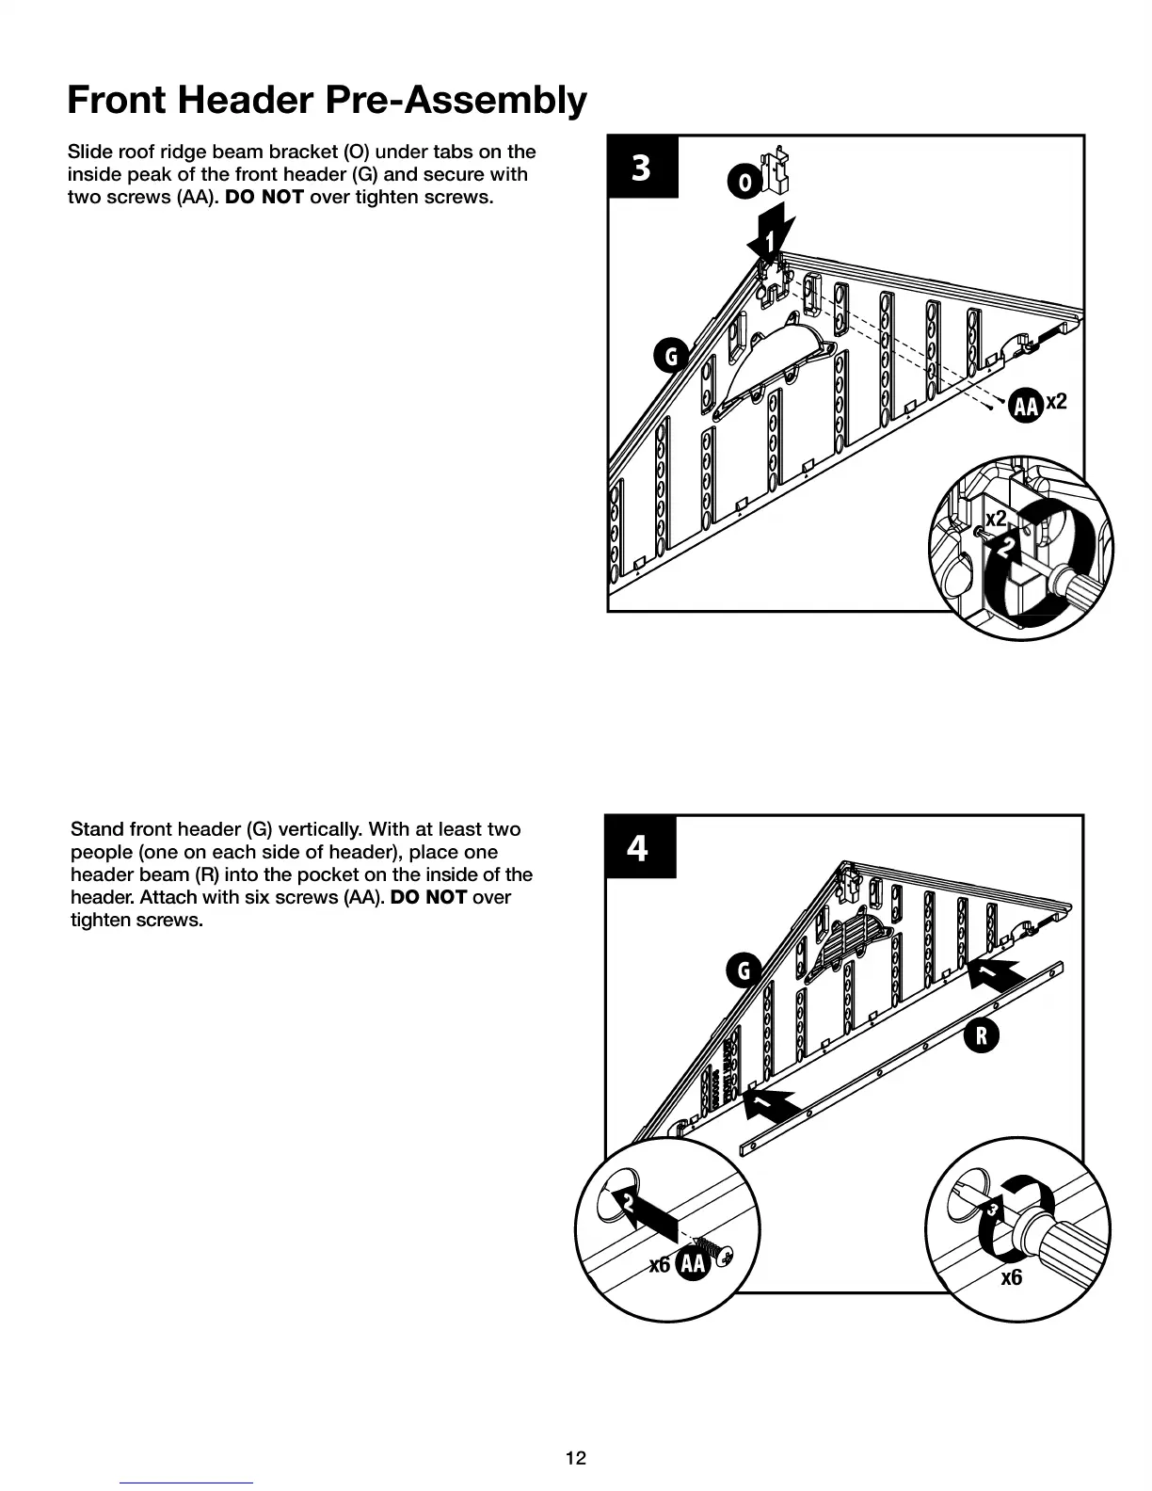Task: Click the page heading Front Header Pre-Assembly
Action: click(327, 100)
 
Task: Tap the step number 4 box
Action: click(639, 847)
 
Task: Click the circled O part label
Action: click(744, 182)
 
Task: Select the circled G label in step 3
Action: click(671, 357)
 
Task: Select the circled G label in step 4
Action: click(744, 970)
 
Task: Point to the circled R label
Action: click(981, 1036)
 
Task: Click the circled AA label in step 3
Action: click(1025, 406)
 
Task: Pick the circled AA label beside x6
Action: click(693, 1264)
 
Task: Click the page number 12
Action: click(575, 1458)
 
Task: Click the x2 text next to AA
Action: click(1057, 402)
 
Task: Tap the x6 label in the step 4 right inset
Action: click(1012, 1277)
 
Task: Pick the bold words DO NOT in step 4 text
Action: click(428, 897)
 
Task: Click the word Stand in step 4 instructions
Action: click(97, 829)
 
